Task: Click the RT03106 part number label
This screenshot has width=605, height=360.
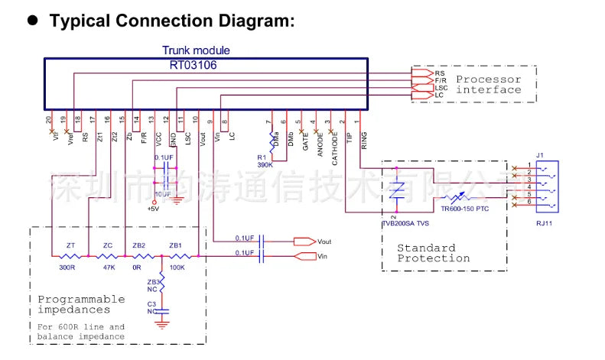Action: pyautogui.click(x=193, y=65)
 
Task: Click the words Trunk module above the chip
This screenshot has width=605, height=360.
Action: pyautogui.click(x=196, y=50)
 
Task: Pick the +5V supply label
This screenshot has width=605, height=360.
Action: pyautogui.click(x=154, y=209)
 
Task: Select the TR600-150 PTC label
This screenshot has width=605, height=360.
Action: pyautogui.click(x=464, y=208)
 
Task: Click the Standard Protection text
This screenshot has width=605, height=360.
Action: pyautogui.click(x=433, y=253)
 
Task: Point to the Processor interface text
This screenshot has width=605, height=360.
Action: pyautogui.click(x=488, y=84)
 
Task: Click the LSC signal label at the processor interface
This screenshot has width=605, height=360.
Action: pyautogui.click(x=441, y=87)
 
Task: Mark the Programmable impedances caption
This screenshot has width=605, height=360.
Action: pyautogui.click(x=81, y=304)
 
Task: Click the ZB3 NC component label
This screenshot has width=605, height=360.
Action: pyautogui.click(x=153, y=286)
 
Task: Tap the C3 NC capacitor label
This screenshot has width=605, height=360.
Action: pyautogui.click(x=152, y=307)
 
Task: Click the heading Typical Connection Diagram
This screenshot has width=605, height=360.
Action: pyautogui.click(x=171, y=21)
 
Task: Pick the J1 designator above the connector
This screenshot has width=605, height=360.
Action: pyautogui.click(x=539, y=156)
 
